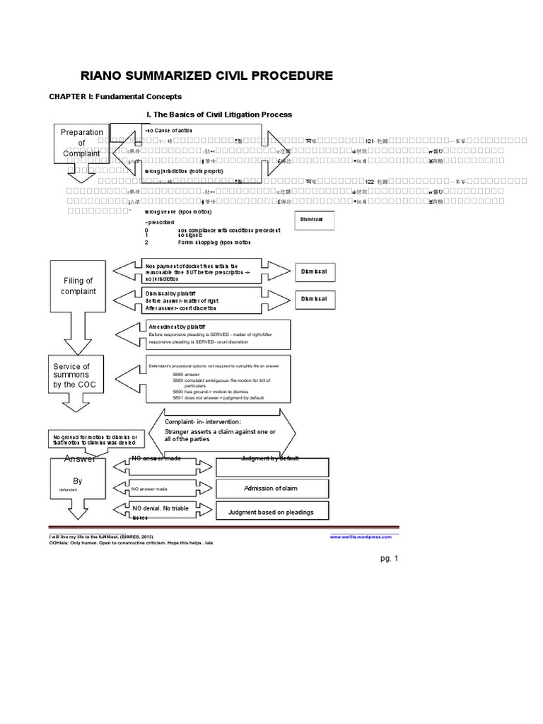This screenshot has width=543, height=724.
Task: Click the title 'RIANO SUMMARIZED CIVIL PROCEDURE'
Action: (209, 76)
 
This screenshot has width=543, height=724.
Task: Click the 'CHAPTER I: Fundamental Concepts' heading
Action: (115, 96)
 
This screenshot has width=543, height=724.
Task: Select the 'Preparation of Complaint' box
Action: (82, 144)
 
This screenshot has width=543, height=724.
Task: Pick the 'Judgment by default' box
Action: (273, 467)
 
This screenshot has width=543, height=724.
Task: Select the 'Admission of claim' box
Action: (273, 489)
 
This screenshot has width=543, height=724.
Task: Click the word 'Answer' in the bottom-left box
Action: (80, 460)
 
